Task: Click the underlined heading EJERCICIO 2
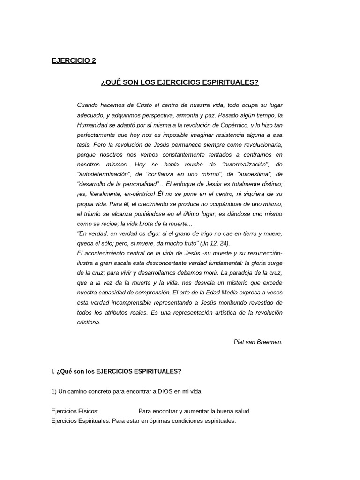(x=73, y=60)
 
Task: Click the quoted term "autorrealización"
(x=239, y=165)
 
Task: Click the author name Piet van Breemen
(x=258, y=342)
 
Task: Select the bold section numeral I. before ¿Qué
(x=53, y=371)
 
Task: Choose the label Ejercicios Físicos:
(x=75, y=411)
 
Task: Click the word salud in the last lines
(x=242, y=411)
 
